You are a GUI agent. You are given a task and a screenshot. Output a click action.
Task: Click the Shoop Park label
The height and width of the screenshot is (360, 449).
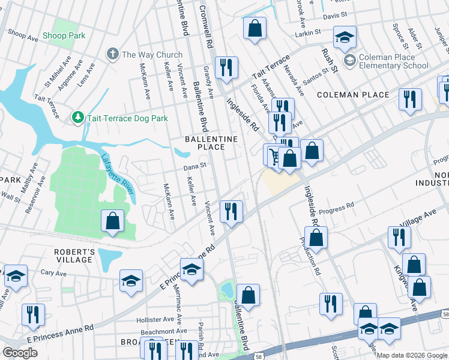click(x=64, y=36)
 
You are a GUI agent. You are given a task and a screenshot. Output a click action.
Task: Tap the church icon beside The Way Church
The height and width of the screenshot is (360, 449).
click(x=112, y=55)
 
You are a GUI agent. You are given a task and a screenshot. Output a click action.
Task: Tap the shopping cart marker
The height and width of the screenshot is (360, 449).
click(x=274, y=156)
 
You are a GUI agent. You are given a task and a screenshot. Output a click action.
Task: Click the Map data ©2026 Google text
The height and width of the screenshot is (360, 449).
click(x=412, y=355)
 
